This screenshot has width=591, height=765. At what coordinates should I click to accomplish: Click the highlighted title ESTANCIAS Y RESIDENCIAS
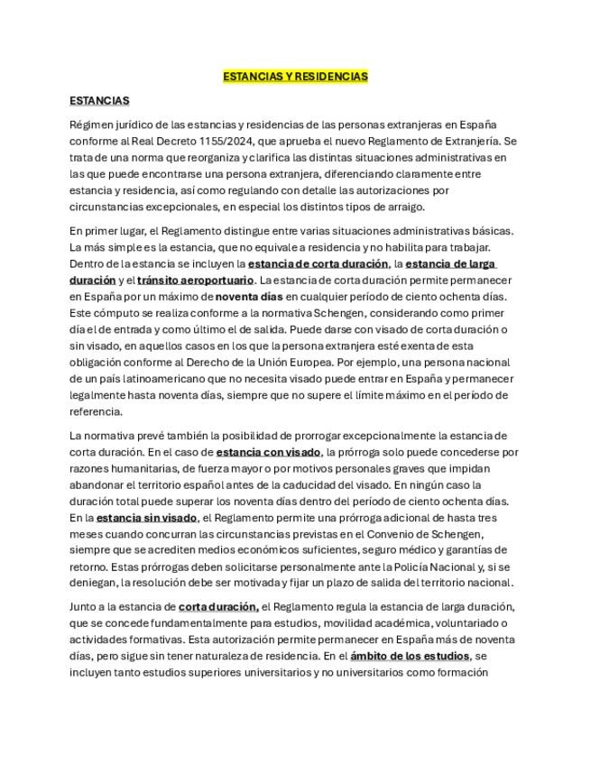coord(295,77)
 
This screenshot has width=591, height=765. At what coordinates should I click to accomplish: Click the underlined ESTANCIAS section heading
coord(99,100)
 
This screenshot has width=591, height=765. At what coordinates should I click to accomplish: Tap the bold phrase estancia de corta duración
coord(319,264)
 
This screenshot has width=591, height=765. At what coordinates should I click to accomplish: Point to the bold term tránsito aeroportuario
coord(196,281)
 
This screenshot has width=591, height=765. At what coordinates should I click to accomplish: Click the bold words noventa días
coord(250,297)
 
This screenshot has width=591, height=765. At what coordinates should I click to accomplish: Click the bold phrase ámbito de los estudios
coord(410,656)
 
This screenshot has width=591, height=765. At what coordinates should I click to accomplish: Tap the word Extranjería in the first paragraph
coord(470,142)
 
